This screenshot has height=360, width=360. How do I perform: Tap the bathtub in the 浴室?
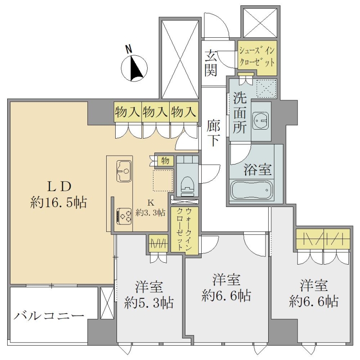click(252, 190)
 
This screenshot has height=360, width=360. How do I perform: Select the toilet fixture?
click(188, 186)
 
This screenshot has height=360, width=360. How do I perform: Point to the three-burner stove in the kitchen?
click(124, 216)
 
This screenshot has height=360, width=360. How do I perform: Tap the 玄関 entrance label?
click(211, 63)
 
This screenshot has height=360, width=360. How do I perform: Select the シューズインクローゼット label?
click(257, 57)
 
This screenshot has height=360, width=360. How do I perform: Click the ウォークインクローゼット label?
click(184, 229)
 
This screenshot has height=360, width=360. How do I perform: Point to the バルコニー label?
click(49, 316)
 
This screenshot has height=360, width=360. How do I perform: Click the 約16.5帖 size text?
click(58, 202)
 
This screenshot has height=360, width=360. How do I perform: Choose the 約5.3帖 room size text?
click(149, 303)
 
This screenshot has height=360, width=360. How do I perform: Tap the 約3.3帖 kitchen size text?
click(150, 212)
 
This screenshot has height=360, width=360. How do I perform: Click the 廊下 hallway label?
click(213, 133)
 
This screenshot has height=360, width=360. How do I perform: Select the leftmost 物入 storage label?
click(127, 112)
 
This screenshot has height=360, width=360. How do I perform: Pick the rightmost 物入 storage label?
click(184, 112)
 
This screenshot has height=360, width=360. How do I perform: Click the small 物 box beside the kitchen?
click(165, 161)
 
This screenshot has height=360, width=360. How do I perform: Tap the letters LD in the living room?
click(59, 186)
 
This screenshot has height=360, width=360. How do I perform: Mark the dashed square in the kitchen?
click(163, 181)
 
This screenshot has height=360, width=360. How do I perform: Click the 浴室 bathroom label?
click(257, 169)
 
